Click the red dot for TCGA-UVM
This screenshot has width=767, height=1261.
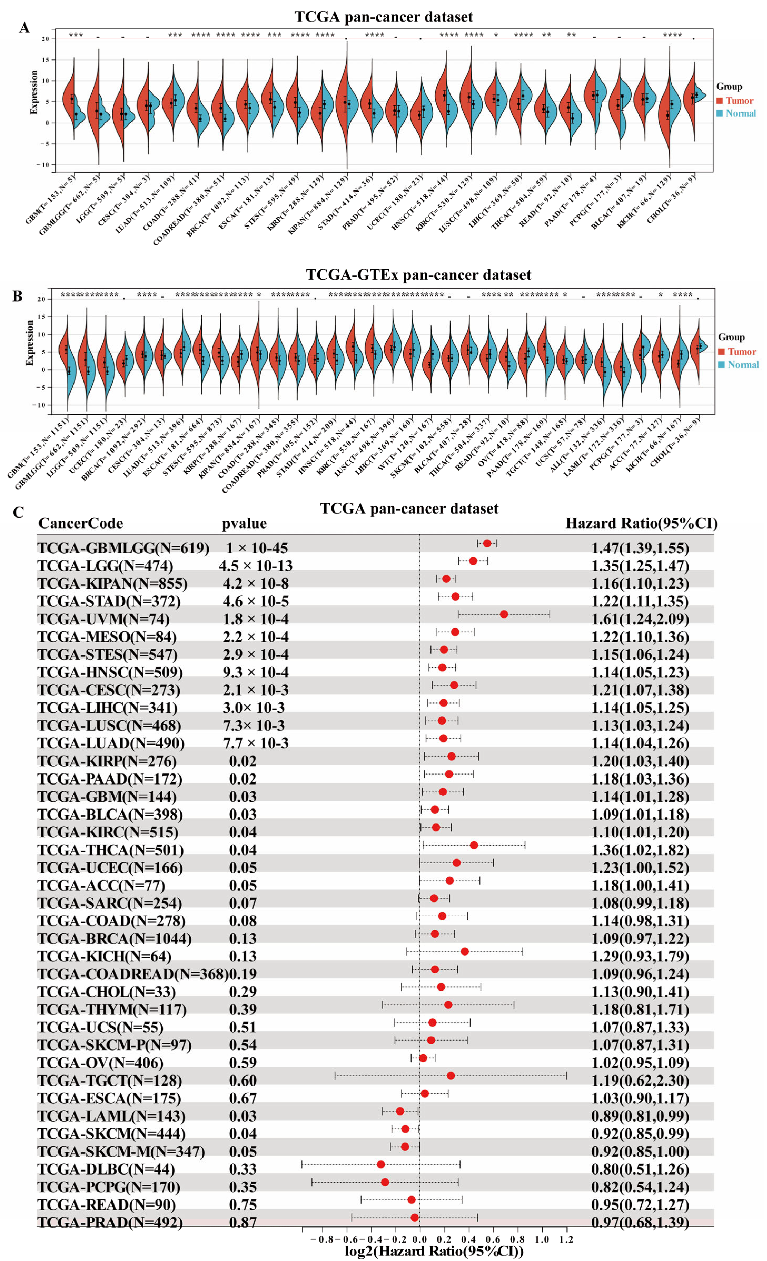(504, 614)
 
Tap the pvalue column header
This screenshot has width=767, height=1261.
(244, 524)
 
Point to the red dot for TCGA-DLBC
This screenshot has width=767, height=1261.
(380, 1164)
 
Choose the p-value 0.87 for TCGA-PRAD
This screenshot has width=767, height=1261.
(243, 1222)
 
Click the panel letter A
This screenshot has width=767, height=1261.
(24, 28)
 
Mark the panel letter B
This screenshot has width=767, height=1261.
(17, 296)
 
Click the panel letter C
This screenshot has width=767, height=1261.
(18, 512)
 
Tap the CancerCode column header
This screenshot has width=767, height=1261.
(80, 524)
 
